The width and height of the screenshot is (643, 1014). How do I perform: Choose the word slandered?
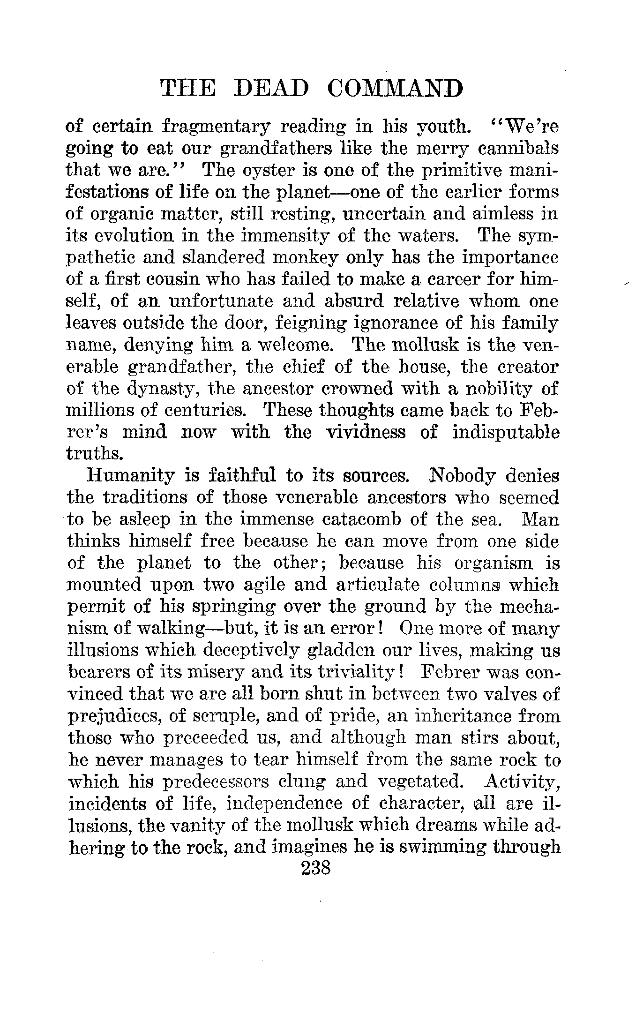tap(217, 258)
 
